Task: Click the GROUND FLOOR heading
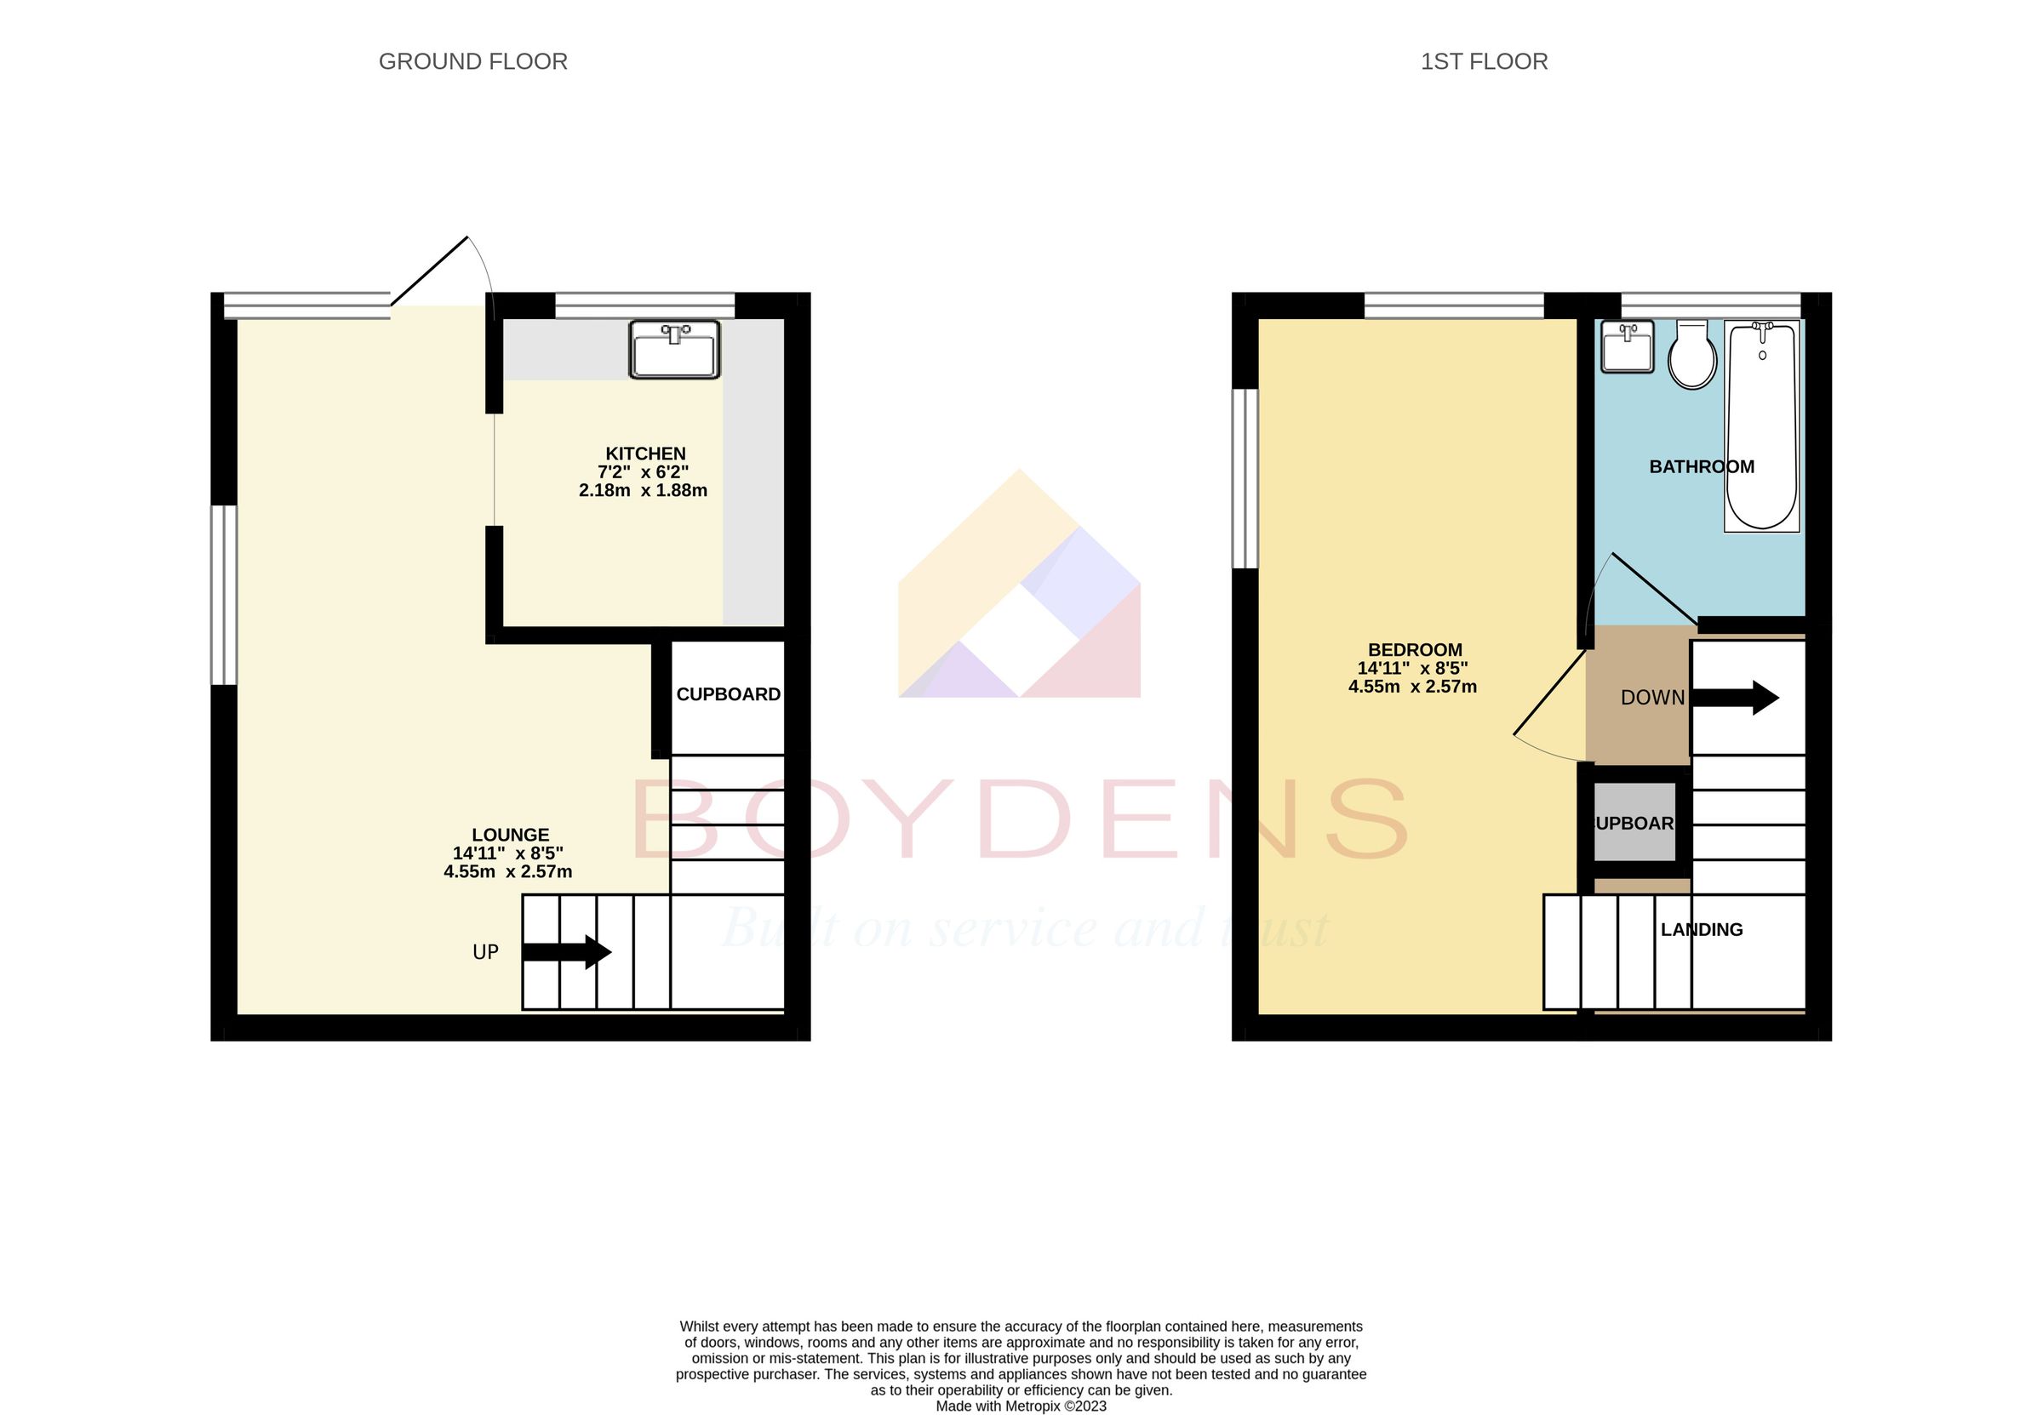click(472, 61)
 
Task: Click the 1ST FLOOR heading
click(1484, 61)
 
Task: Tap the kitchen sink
click(674, 350)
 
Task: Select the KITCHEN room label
click(644, 454)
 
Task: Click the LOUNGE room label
click(510, 835)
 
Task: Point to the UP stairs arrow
click(567, 952)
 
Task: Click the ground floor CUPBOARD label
click(728, 694)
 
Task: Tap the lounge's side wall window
click(223, 595)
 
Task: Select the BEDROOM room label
click(1414, 650)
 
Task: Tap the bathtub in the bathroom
click(1762, 425)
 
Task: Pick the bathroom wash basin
click(1627, 346)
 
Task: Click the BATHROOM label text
click(1701, 466)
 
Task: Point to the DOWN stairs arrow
click(1736, 698)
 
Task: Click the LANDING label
click(1701, 929)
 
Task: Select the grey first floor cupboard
click(1634, 823)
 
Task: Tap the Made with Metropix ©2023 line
click(1021, 1406)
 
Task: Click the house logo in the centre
click(1019, 585)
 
